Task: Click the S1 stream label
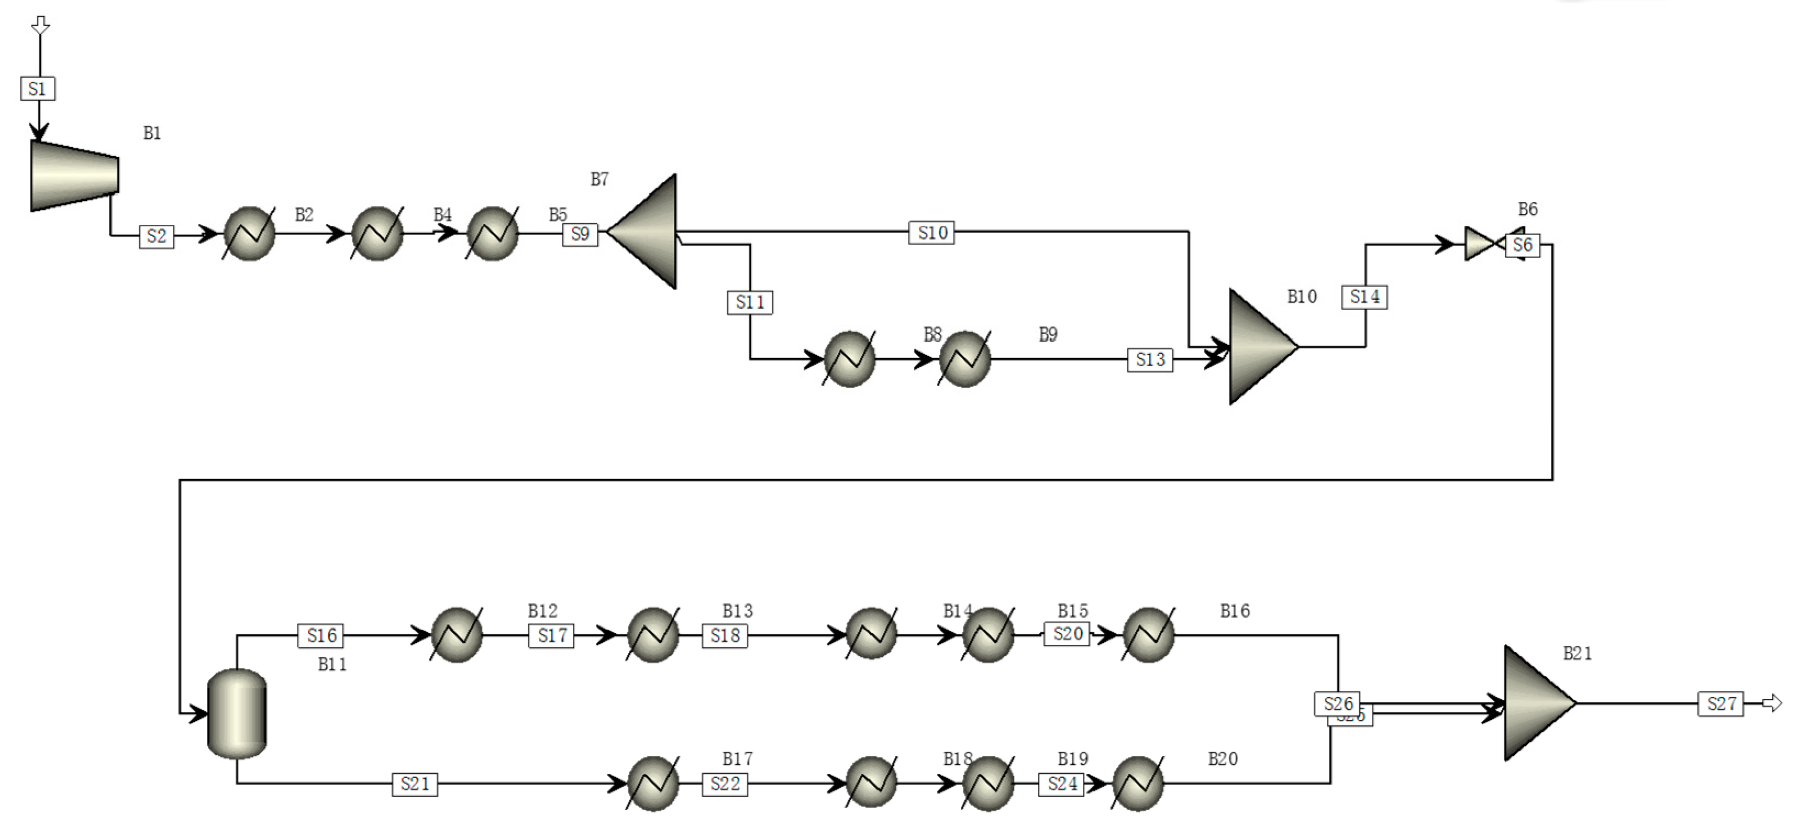click(x=37, y=89)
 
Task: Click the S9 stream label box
click(x=580, y=234)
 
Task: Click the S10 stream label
click(x=931, y=232)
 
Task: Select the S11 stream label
click(x=750, y=302)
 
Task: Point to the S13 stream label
click(x=1150, y=360)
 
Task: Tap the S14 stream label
click(x=1365, y=297)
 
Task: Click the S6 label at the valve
click(x=1522, y=246)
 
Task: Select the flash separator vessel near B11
click(x=237, y=713)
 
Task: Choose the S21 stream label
click(x=415, y=784)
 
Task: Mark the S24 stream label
click(x=1061, y=784)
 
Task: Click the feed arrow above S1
click(x=41, y=26)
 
